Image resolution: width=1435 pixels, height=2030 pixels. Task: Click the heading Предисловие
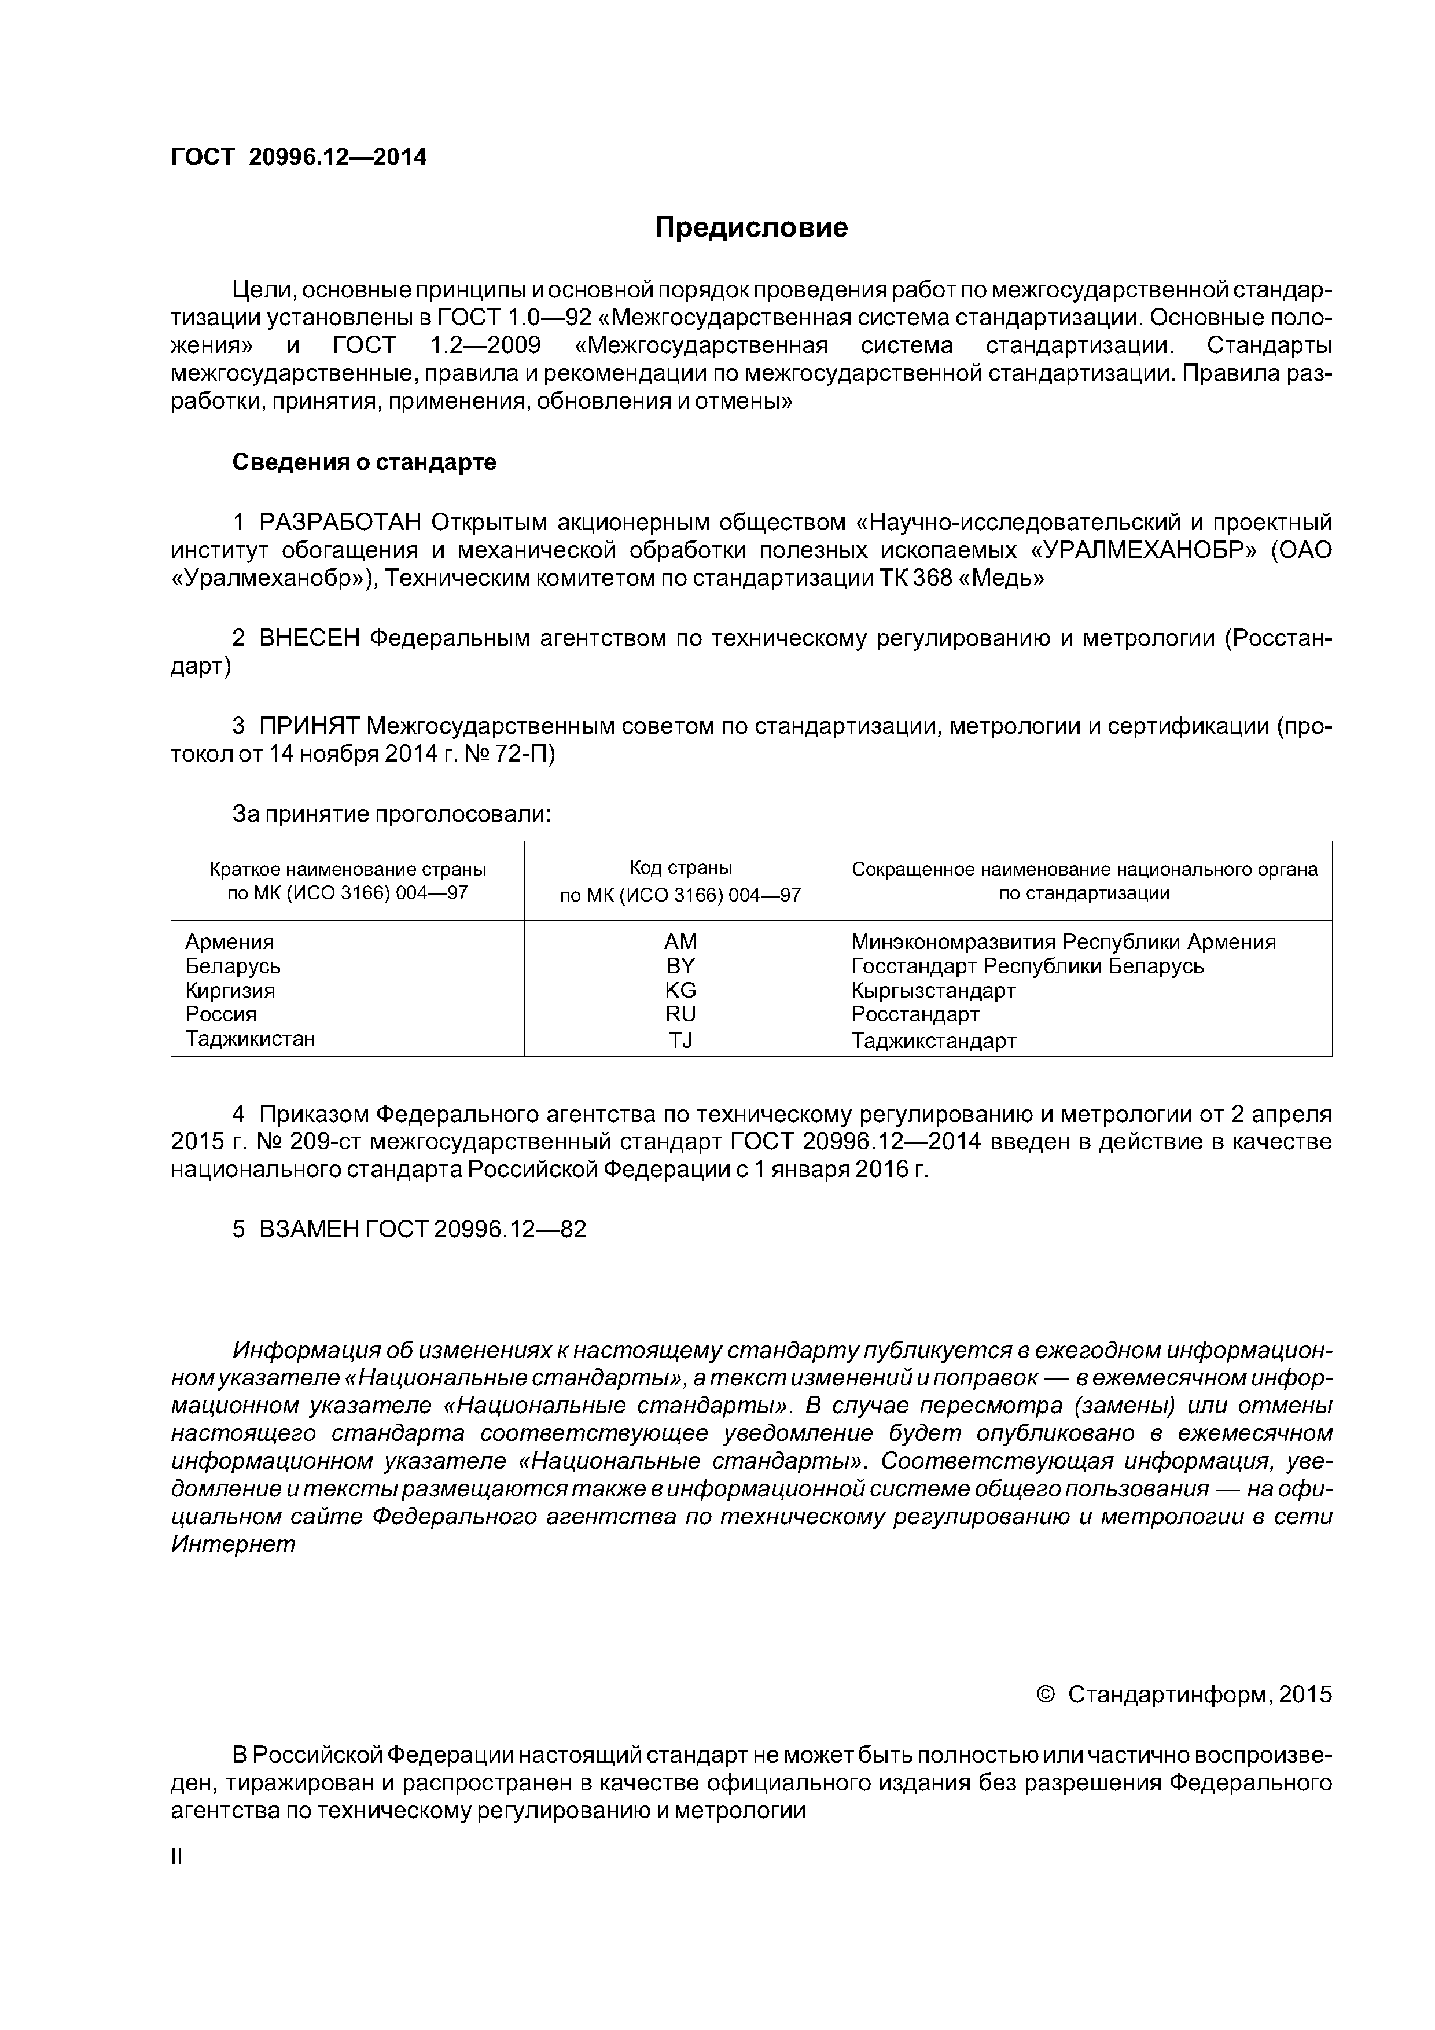point(750,228)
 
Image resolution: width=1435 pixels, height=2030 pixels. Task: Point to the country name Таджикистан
point(249,1038)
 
